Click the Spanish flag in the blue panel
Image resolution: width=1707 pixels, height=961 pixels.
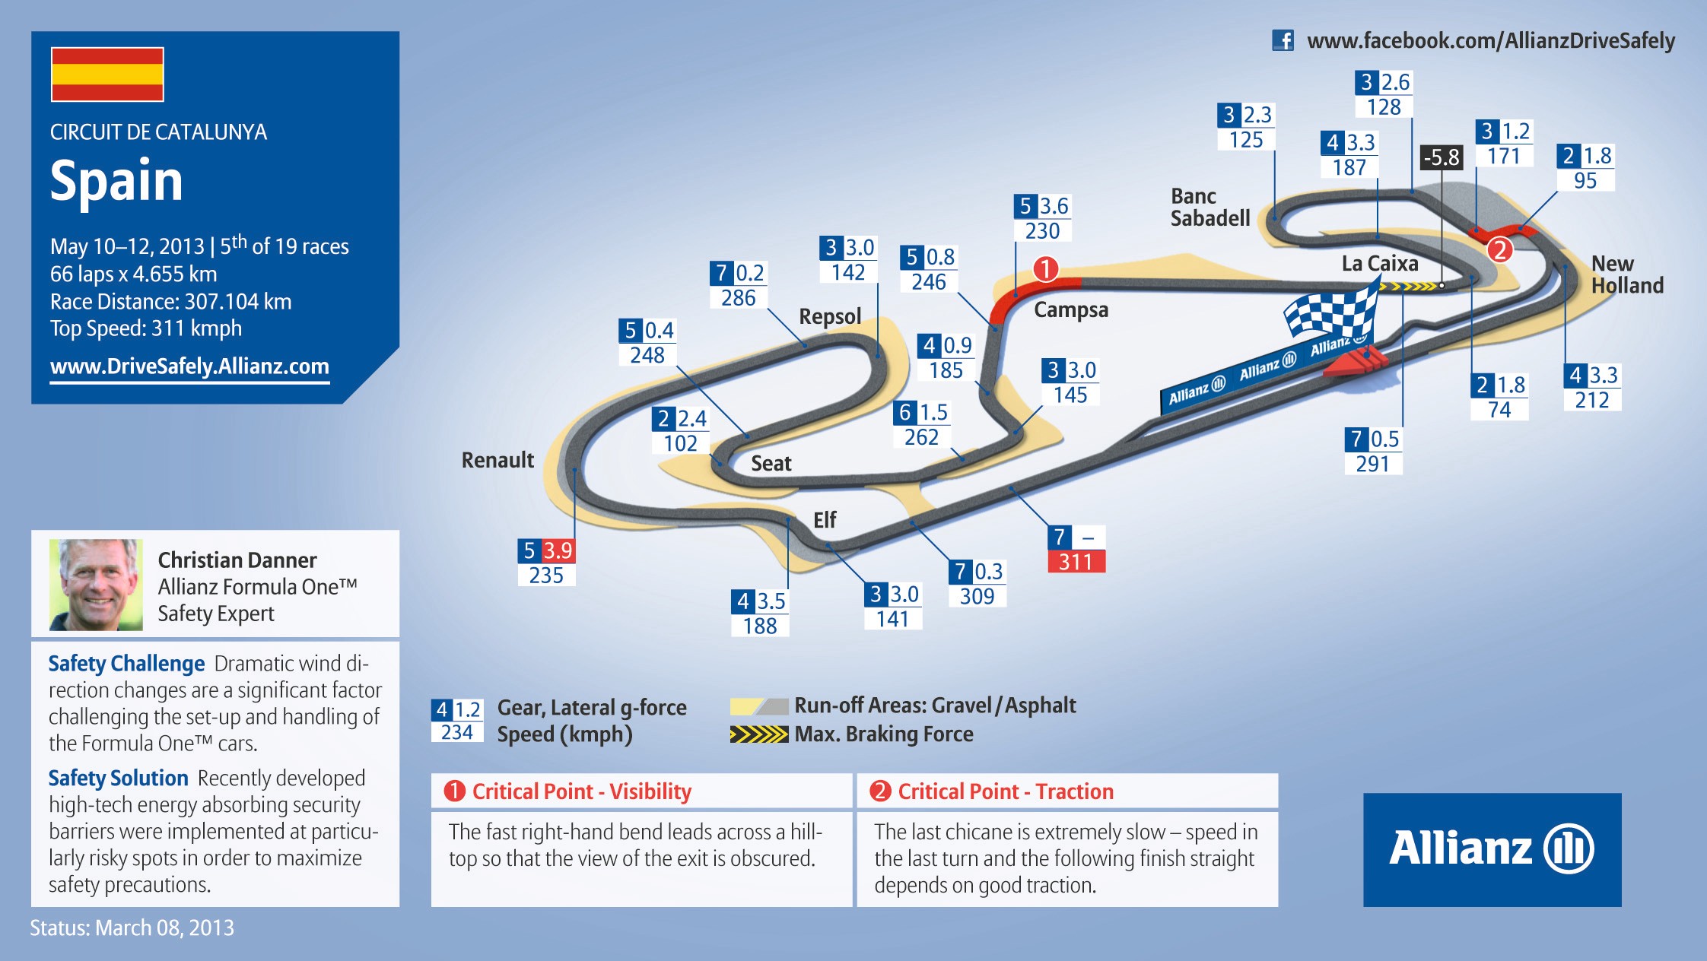107,75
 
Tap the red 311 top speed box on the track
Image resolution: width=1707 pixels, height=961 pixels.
1076,562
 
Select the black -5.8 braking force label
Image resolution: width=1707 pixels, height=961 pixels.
1442,157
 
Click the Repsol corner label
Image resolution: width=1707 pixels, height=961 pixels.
830,316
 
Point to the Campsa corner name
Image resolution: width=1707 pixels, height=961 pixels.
1071,310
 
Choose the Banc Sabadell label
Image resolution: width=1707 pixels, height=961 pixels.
1210,208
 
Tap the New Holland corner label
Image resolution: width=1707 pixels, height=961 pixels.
1627,274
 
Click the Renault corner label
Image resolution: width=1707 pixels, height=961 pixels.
498,460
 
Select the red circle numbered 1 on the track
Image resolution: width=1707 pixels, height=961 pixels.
1046,268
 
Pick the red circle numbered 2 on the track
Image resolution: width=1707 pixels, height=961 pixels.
1499,249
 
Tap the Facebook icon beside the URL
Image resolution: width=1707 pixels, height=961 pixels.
1283,40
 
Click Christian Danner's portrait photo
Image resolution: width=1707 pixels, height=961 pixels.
96,585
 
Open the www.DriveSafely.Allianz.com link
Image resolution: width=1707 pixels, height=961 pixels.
189,366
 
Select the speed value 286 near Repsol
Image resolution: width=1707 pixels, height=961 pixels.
739,298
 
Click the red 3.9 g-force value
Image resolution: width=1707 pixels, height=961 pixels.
558,550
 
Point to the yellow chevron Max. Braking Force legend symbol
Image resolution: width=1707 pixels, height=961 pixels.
759,734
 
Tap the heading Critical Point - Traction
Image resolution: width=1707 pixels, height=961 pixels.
1006,791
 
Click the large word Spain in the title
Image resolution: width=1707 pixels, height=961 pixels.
116,181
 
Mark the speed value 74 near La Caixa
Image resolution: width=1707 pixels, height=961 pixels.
1499,410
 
